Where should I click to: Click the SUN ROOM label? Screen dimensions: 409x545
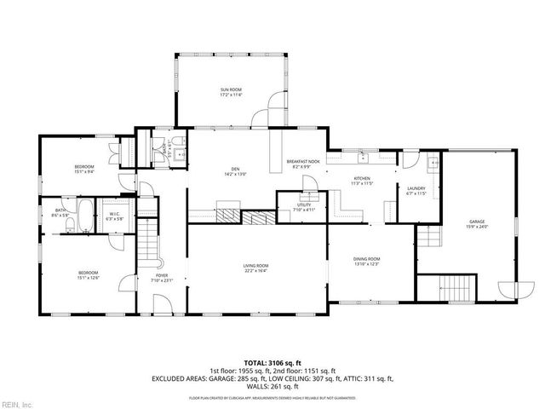click(x=232, y=89)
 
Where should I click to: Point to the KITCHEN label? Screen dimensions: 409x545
click(x=363, y=179)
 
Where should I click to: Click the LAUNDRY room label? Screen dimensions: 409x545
click(x=416, y=188)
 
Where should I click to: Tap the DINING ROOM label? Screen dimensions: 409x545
click(x=367, y=258)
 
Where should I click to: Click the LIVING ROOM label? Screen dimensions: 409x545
click(x=256, y=267)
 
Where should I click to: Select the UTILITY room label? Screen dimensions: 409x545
click(x=304, y=204)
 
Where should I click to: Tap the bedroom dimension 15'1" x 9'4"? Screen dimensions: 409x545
click(x=83, y=170)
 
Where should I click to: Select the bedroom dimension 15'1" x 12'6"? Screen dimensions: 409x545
click(x=89, y=277)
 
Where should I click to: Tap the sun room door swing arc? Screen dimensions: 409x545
click(x=277, y=109)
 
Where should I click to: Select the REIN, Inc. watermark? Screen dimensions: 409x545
click(x=16, y=404)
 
